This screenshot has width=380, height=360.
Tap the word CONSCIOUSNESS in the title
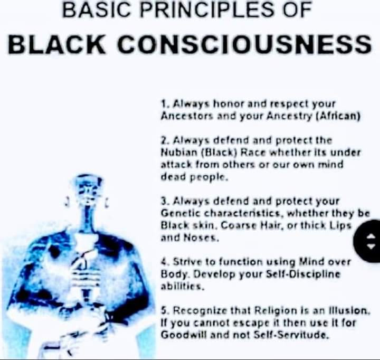click(x=244, y=45)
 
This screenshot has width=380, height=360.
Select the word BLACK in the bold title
click(x=56, y=45)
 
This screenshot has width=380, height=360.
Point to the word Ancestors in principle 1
click(x=187, y=116)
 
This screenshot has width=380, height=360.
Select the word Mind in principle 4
click(x=311, y=262)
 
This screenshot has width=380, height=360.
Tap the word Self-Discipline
click(x=303, y=274)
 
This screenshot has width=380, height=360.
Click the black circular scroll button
click(x=367, y=241)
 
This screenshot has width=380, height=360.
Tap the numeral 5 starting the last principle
click(x=164, y=310)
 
